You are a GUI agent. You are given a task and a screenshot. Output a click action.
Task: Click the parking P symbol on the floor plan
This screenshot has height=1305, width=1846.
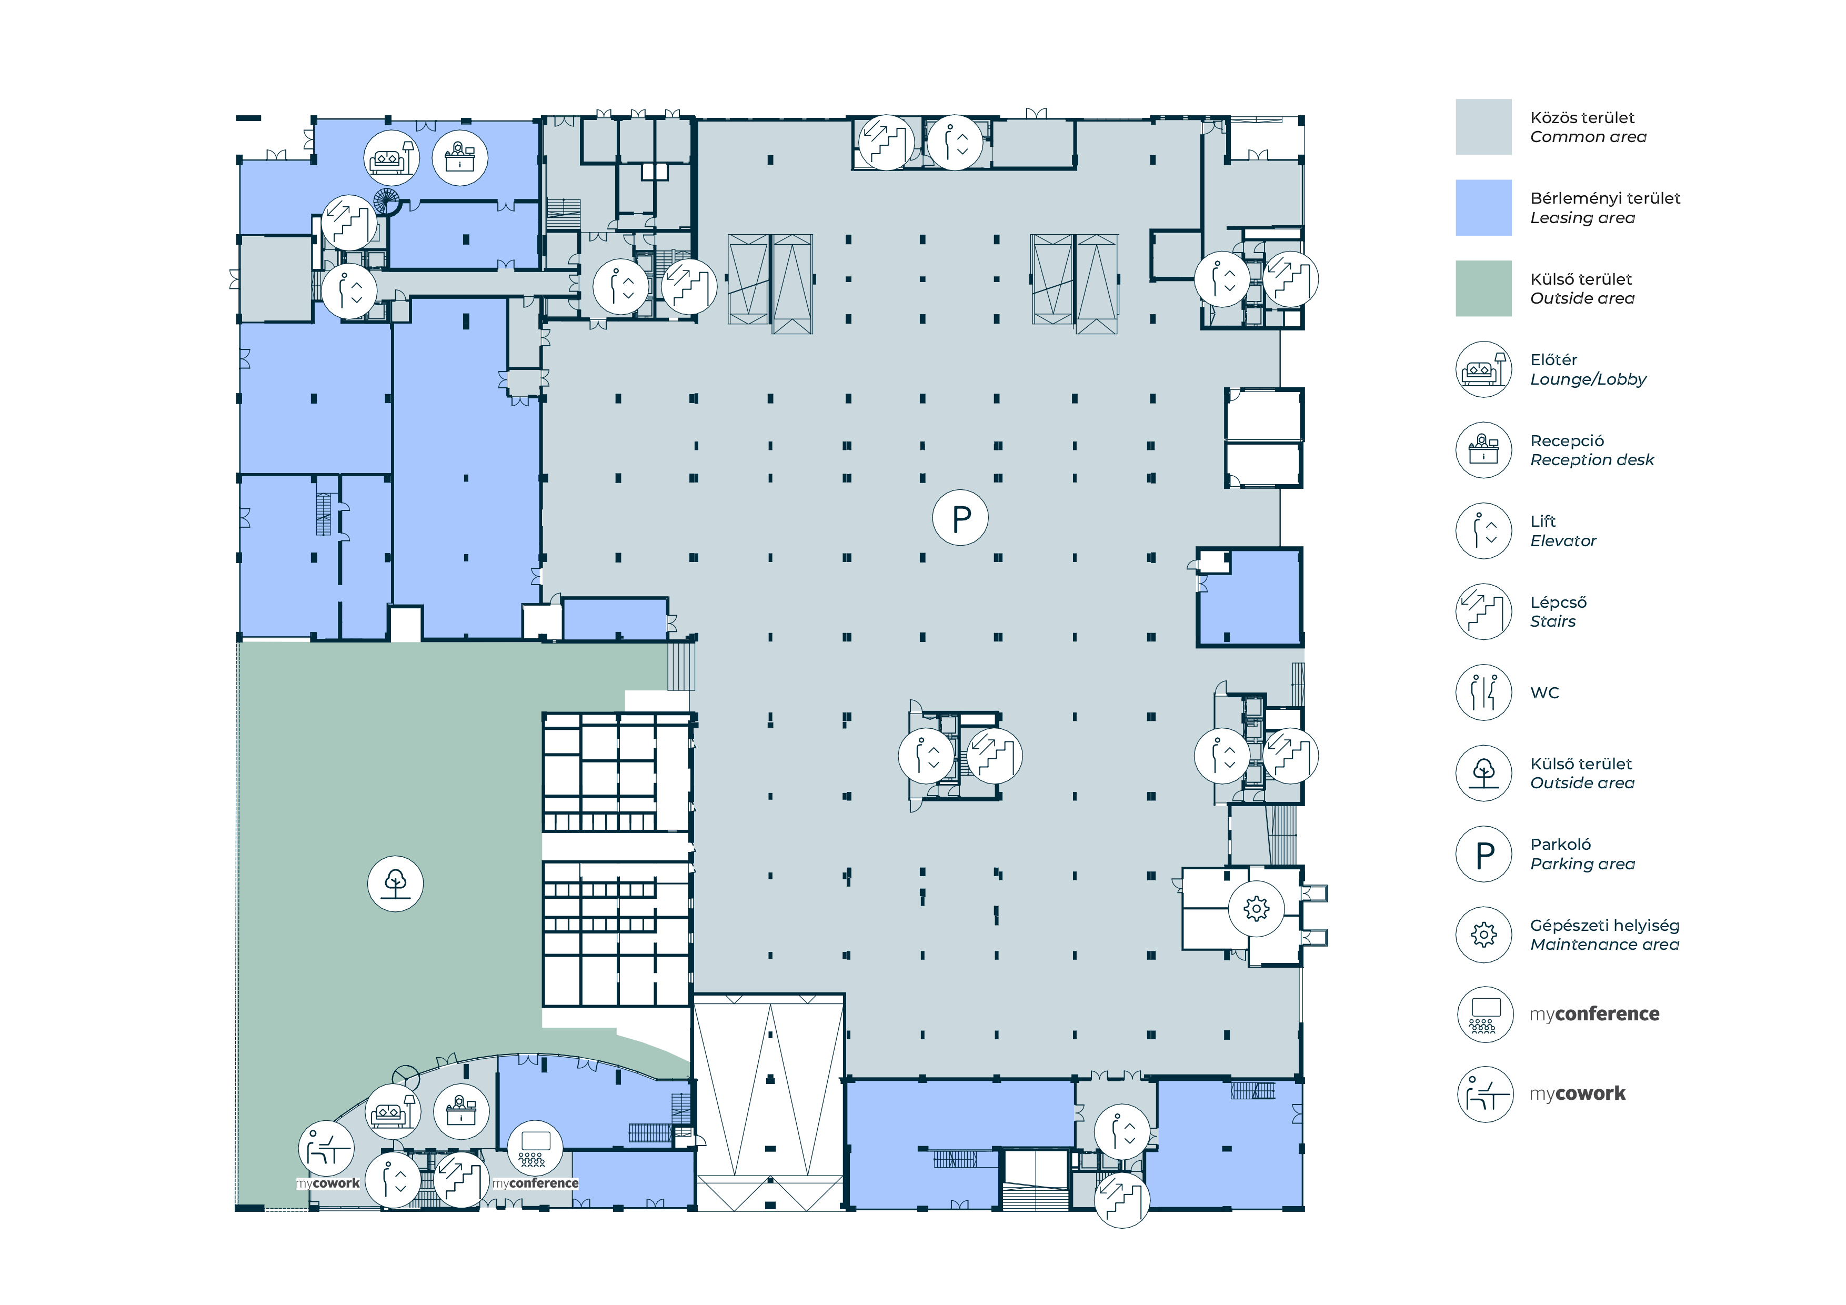click(x=960, y=518)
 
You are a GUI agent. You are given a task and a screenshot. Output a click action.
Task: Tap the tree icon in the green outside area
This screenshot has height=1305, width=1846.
click(x=395, y=884)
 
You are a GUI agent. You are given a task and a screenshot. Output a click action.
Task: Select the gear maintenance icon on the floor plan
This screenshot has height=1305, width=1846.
click(x=1257, y=909)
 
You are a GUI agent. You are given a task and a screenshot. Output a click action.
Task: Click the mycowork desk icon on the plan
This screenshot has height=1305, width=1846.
click(x=326, y=1148)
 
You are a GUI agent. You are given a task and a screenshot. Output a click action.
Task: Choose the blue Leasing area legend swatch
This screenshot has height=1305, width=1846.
click(x=1483, y=207)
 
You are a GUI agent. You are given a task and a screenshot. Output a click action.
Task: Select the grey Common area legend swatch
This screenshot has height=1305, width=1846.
click(x=1483, y=127)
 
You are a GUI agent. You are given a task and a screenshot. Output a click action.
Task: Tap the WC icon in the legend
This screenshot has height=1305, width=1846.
click(x=1484, y=692)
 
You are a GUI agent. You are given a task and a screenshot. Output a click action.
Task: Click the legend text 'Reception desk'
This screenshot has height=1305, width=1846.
click(x=1592, y=460)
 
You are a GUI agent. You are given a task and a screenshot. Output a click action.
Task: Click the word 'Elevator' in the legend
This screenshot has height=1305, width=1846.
click(x=1563, y=541)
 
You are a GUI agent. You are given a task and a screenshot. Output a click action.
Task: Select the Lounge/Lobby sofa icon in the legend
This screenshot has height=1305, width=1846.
click(x=1484, y=369)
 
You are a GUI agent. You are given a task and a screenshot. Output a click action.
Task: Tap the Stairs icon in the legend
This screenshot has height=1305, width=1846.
click(x=1484, y=611)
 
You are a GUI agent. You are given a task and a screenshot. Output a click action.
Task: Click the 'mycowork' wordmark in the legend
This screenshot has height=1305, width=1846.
click(x=1578, y=1093)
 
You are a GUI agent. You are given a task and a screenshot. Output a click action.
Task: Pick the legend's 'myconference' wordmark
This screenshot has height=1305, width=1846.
click(x=1594, y=1014)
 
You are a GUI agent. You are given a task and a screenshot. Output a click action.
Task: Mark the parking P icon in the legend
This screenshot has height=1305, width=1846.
click(x=1484, y=854)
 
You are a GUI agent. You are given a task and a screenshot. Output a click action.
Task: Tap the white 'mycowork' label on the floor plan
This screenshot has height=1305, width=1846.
click(x=328, y=1183)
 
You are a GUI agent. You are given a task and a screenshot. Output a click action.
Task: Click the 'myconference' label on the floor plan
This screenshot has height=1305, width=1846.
click(x=536, y=1183)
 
